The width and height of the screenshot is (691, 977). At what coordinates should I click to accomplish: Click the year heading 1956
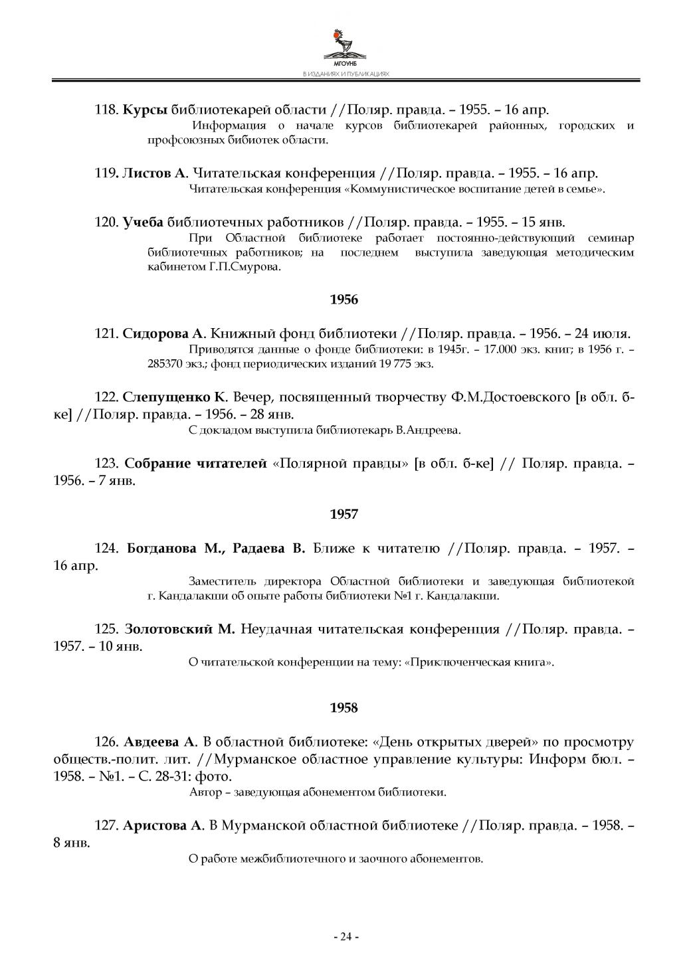(x=344, y=300)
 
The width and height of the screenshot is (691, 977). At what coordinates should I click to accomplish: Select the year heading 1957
(x=344, y=514)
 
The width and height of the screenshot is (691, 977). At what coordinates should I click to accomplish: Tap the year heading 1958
(x=344, y=708)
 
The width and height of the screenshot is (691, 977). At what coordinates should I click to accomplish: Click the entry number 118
(x=106, y=110)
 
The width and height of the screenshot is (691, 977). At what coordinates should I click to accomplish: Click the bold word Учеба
(x=143, y=222)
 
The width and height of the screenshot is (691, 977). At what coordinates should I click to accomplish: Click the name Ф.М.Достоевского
(x=508, y=397)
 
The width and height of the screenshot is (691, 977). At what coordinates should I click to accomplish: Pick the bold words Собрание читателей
(x=196, y=463)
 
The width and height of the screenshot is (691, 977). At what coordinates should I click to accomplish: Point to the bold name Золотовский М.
(x=179, y=629)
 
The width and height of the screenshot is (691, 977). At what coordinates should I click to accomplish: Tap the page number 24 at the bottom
(x=345, y=936)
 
